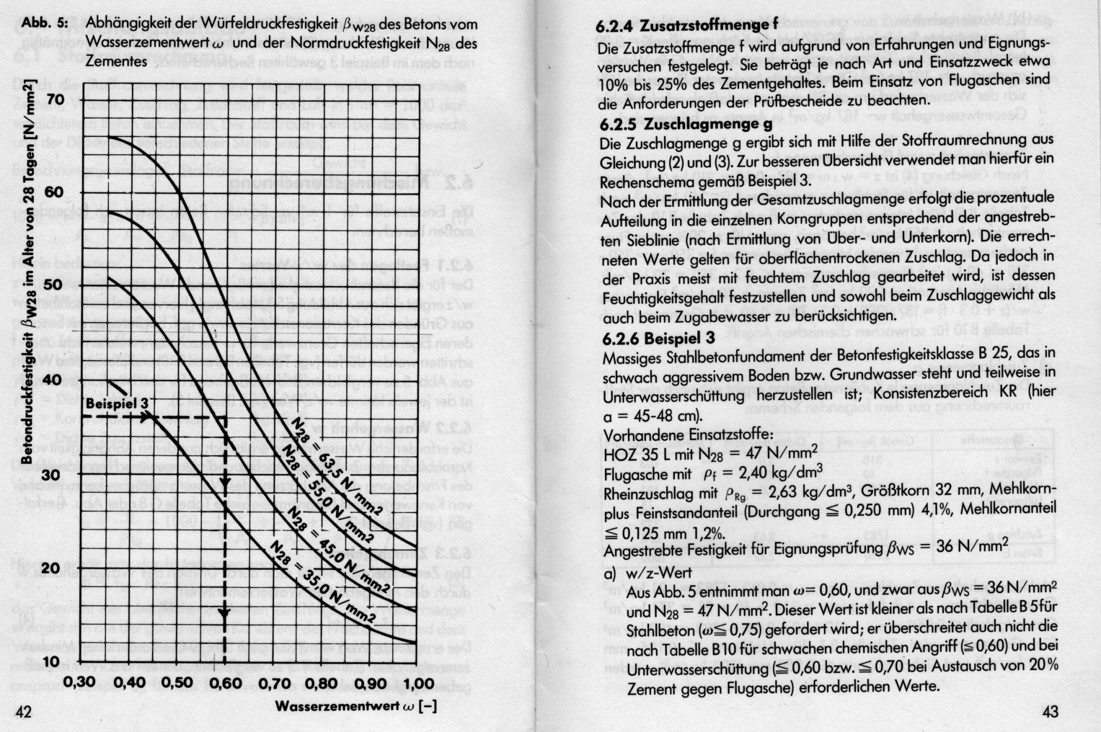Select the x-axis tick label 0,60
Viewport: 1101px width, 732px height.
coord(225,683)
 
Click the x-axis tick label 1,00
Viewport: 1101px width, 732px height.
coord(415,683)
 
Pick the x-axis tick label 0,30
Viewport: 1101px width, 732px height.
coord(80,683)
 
